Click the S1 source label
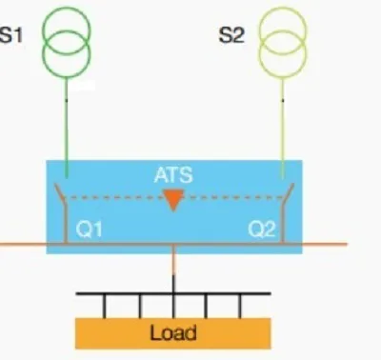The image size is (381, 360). tap(11, 35)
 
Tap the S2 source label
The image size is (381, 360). tap(231, 35)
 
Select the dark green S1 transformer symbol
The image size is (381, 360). tap(67, 20)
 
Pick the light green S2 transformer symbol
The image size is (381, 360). tap(283, 20)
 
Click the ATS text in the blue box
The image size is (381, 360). tap(173, 174)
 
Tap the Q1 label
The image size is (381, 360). tap(90, 229)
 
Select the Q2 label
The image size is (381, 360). tap(262, 229)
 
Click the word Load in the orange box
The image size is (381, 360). tap(173, 332)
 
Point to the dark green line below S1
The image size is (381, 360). tap(67, 127)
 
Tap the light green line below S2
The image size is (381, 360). tap(283, 128)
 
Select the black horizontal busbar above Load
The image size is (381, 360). tap(173, 293)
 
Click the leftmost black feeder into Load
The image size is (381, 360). tap(105, 306)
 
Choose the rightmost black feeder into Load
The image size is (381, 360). tap(240, 306)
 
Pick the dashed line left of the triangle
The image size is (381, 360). tap(115, 197)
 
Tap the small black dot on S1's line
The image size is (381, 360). tap(67, 100)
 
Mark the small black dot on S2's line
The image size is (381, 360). tap(283, 100)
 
